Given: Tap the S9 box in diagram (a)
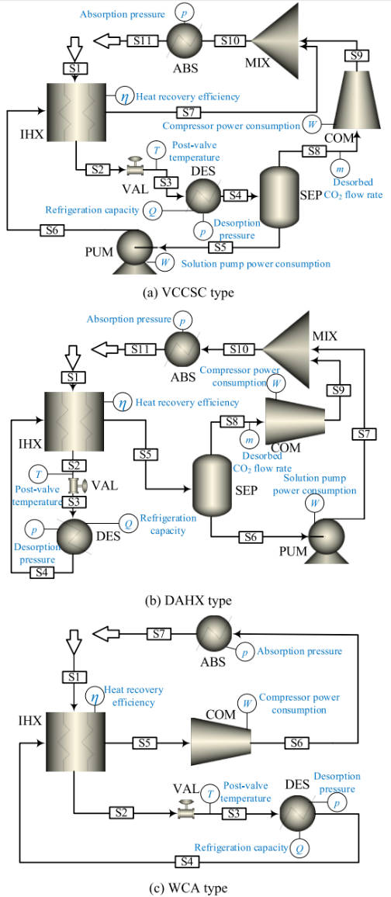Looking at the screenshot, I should [x=355, y=55].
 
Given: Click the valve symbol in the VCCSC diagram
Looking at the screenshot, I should [x=134, y=166].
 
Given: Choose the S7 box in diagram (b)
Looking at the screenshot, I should [x=365, y=433].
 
